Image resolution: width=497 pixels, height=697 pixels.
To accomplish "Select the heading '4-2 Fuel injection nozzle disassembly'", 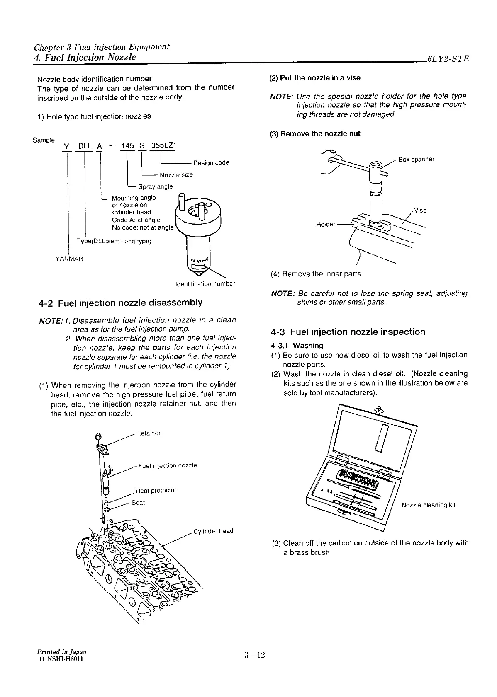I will (x=120, y=303).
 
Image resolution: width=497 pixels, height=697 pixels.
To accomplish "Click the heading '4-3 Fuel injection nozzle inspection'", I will (x=348, y=332).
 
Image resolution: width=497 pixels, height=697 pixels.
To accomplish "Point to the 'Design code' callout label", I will (x=211, y=163).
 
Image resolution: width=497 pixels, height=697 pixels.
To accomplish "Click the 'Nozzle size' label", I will (x=176, y=175).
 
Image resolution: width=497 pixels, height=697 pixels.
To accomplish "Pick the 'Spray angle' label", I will (x=156, y=186).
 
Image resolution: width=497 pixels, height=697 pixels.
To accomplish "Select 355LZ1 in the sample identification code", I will (x=164, y=145).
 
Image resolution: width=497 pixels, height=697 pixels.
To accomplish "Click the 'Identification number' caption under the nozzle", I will (x=205, y=284).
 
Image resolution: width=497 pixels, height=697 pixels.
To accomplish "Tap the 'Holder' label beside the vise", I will (x=325, y=225).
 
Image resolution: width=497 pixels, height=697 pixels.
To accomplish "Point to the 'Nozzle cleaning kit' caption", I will (x=429, y=505).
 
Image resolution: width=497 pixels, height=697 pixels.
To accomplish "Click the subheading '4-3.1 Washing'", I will (x=297, y=345).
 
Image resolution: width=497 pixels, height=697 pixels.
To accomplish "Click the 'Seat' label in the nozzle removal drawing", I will (x=138, y=503).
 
